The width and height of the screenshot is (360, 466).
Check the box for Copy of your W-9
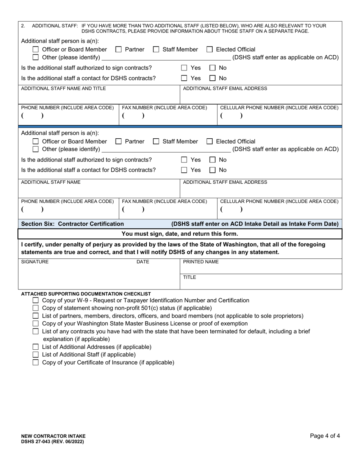(36, 300)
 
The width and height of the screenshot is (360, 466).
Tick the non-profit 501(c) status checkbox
(36, 308)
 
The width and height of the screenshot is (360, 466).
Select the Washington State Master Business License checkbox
(36, 324)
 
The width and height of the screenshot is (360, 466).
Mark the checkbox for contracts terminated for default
(36, 331)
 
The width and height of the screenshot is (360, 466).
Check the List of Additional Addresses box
(36, 347)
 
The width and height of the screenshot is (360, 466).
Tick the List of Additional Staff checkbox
(36, 355)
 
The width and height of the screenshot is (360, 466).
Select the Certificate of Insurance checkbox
(36, 362)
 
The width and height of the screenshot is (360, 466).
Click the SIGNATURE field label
(35, 262)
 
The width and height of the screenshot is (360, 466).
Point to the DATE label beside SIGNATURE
(143, 262)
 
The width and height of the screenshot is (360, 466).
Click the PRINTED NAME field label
(201, 262)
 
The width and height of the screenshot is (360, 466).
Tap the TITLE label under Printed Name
(189, 277)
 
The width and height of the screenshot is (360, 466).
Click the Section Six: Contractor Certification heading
(72, 224)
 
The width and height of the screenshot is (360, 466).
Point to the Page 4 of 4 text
(325, 436)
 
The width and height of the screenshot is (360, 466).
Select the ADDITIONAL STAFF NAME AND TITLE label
(63, 88)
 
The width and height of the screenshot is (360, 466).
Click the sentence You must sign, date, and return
(180, 234)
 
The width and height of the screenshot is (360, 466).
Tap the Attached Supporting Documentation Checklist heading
(86, 294)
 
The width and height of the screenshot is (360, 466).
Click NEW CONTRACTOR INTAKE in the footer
(53, 436)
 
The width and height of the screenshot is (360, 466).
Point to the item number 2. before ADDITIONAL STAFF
(23, 26)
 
